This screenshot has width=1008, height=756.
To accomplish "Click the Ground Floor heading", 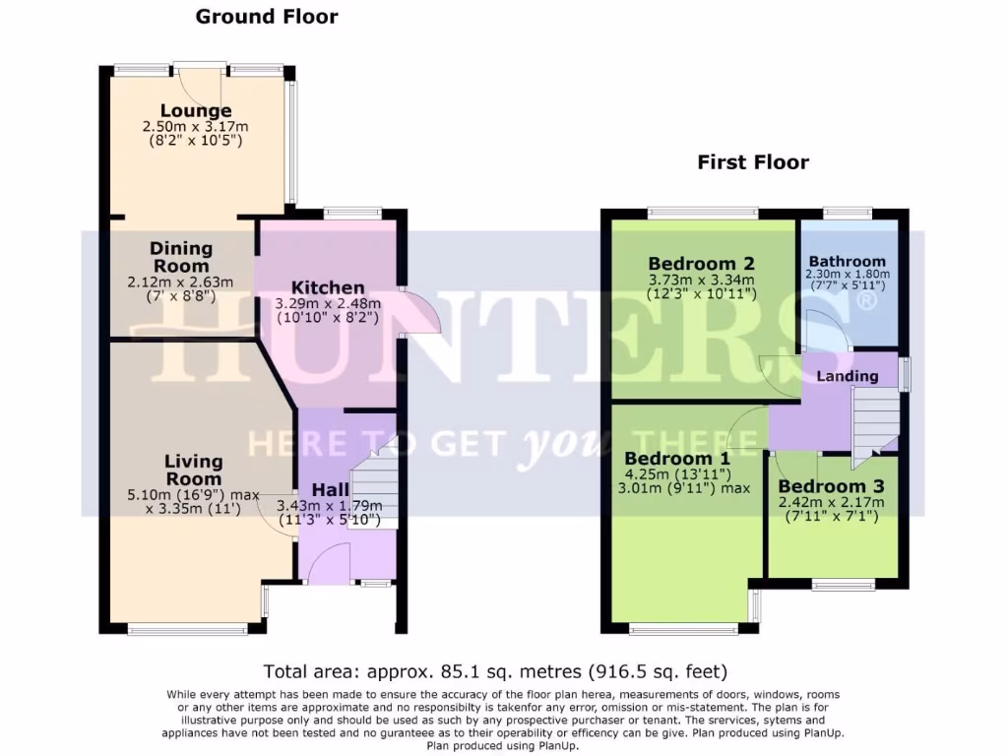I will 267,17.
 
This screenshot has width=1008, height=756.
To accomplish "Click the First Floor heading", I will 753,162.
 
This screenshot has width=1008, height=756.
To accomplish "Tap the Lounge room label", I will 198,111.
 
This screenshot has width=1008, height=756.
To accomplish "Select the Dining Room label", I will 181,257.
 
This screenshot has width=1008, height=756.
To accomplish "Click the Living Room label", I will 193,470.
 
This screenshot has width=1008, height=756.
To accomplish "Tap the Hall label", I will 331,489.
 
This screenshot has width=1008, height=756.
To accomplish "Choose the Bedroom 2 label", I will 701,263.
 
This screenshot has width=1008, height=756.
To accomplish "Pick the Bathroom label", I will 847,261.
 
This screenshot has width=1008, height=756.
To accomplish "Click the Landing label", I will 847,376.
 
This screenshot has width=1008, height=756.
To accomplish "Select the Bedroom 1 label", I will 677,459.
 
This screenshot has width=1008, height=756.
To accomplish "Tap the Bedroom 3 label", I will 831,486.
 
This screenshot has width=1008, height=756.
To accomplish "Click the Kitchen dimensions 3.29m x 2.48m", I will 329,304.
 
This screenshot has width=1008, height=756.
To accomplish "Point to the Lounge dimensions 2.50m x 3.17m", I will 192,127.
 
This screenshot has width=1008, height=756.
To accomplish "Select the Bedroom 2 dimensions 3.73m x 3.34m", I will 701,279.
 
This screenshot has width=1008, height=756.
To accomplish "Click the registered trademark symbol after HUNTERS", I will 866,302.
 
